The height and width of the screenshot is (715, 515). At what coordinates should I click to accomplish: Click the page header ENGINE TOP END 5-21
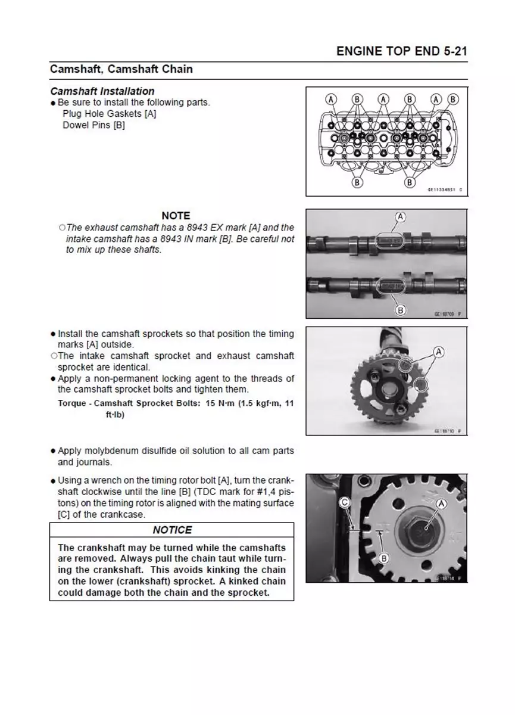tap(401, 51)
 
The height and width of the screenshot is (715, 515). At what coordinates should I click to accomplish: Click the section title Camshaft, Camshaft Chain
tap(121, 69)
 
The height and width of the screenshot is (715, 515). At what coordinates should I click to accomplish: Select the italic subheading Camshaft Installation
tap(102, 91)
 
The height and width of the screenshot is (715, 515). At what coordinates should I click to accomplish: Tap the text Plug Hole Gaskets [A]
tap(109, 114)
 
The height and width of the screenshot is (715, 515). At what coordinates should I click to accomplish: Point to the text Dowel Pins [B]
tap(93, 126)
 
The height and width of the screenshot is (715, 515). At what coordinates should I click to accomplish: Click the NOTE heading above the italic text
tap(176, 216)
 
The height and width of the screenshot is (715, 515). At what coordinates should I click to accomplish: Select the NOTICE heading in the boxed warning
tap(172, 530)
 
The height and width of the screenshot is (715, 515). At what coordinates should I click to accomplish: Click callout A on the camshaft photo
tap(400, 216)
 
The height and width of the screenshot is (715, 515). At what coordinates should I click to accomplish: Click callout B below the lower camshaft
tap(400, 310)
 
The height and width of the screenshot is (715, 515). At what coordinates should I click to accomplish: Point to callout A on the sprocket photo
tap(439, 352)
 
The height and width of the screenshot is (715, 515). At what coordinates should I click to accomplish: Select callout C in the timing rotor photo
tap(344, 503)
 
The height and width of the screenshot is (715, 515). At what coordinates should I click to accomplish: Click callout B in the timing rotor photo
tap(384, 558)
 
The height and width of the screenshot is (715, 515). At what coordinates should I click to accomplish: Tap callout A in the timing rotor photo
tap(442, 504)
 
